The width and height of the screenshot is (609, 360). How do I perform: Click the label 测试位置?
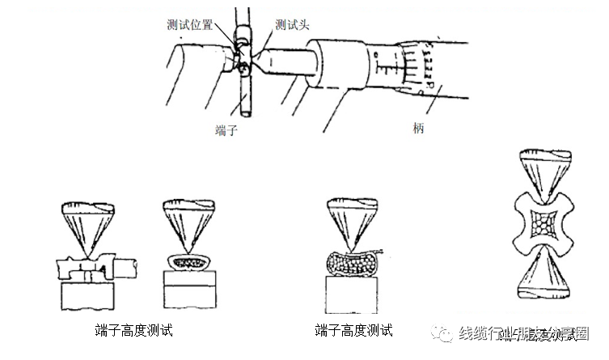point(192,25)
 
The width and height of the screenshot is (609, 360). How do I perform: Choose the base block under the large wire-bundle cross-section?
point(350,298)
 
